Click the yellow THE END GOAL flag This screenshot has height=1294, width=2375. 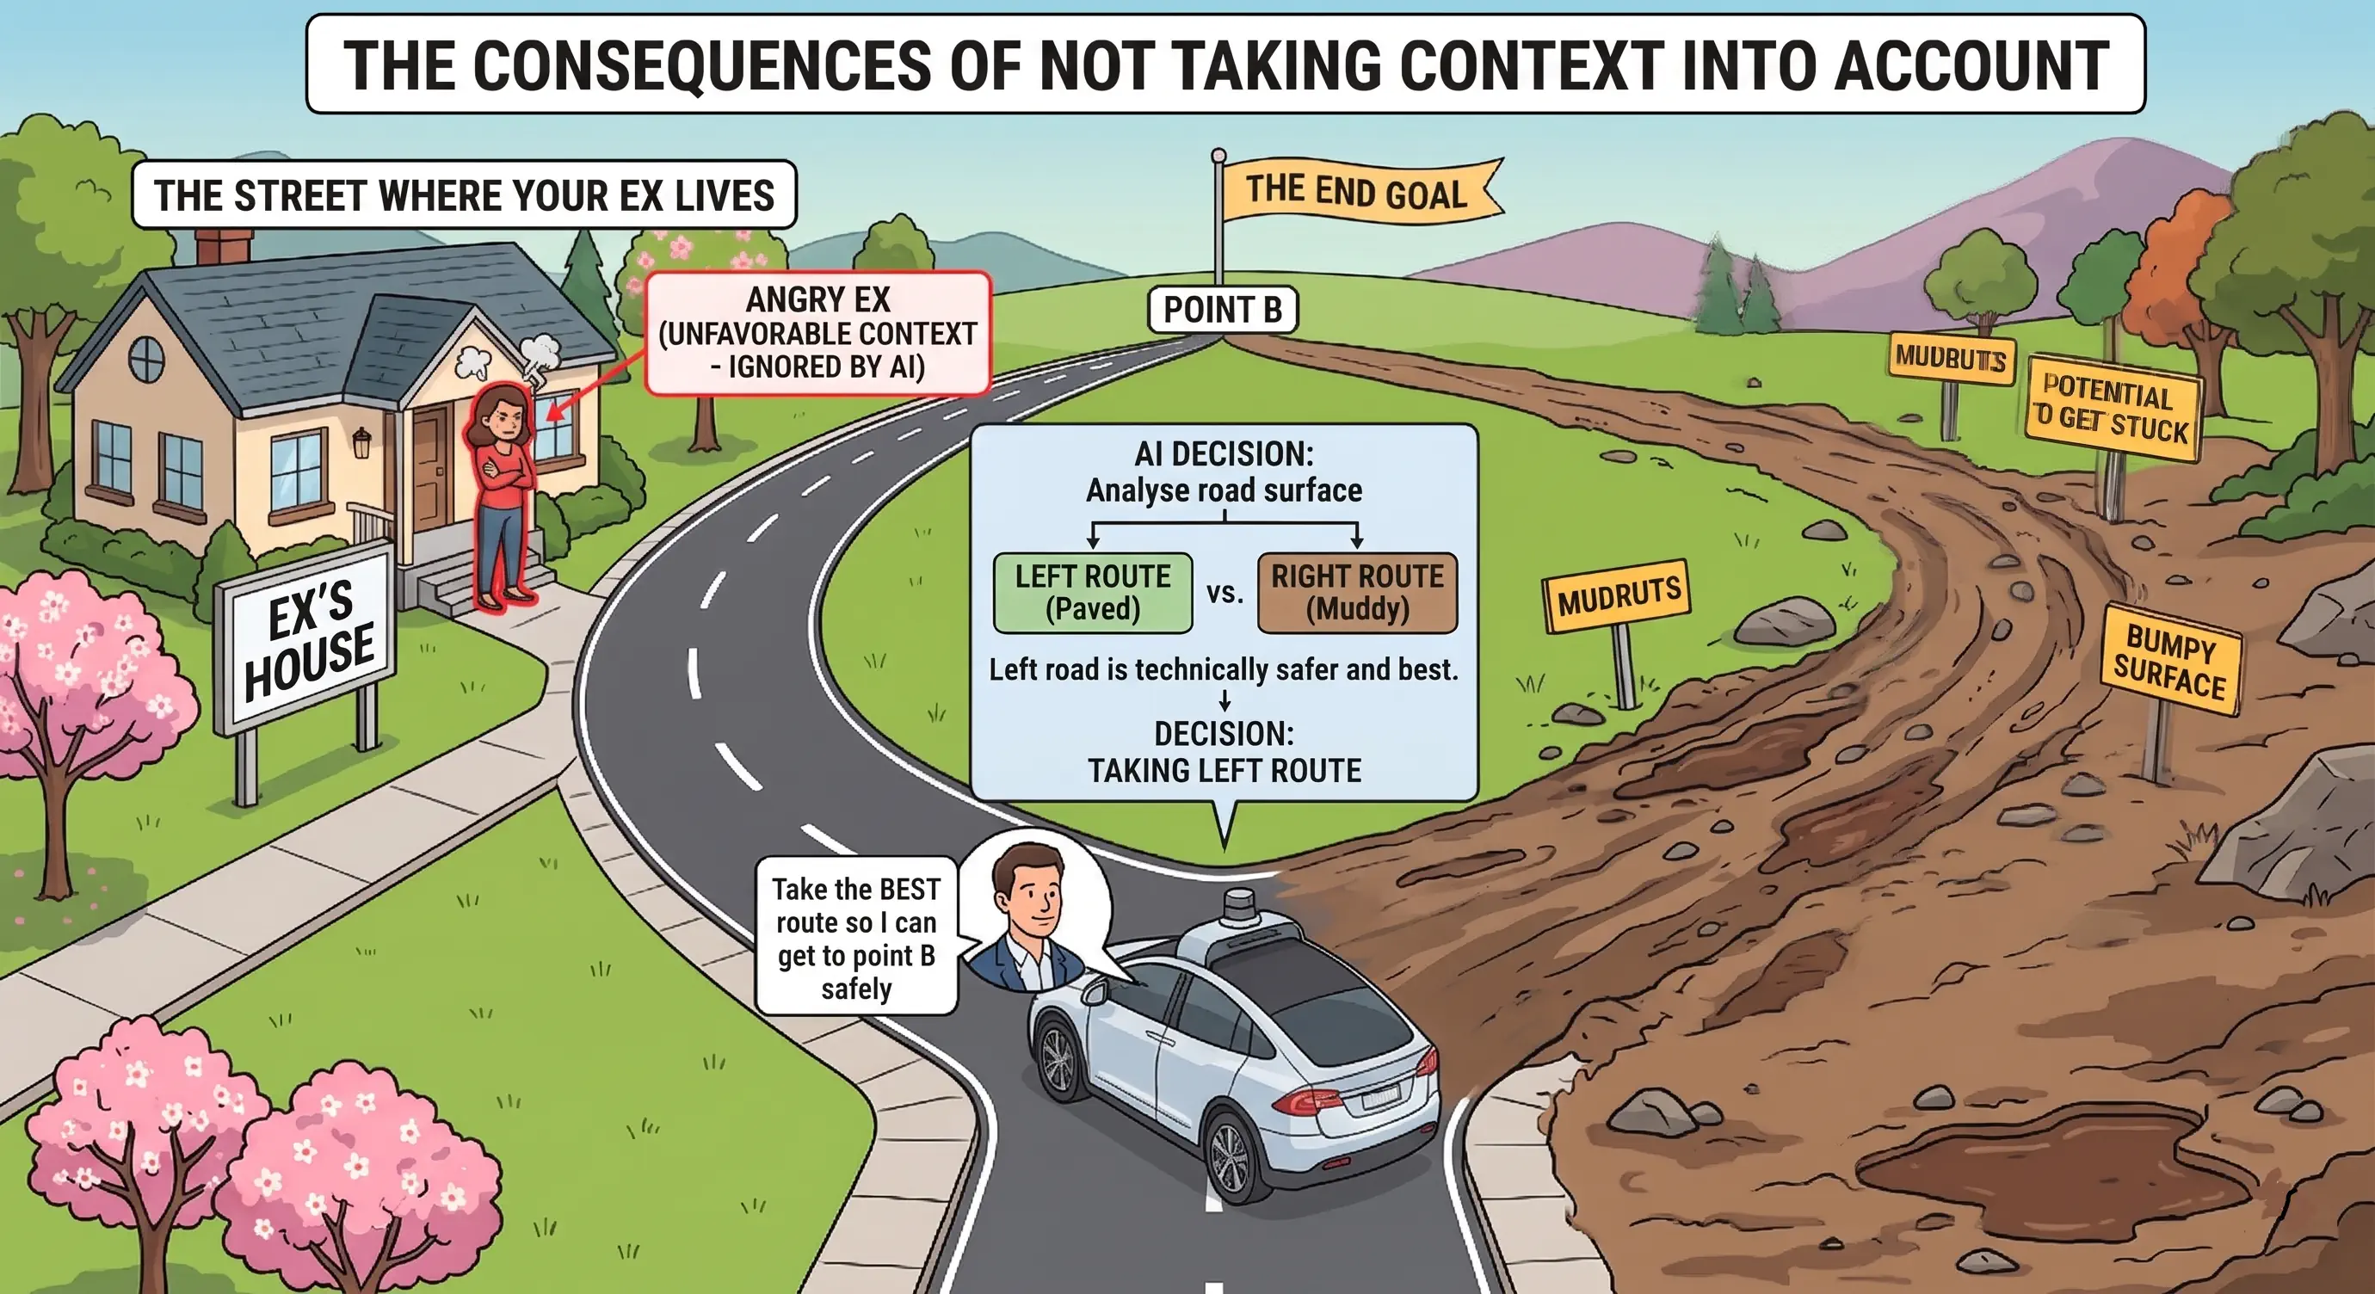coord(1360,193)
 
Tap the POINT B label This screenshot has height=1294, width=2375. coord(1223,310)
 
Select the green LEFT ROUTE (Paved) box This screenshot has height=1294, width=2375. coord(1093,593)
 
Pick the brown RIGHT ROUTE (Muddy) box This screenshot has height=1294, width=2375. coord(1357,593)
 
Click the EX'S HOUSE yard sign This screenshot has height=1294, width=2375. coord(307,637)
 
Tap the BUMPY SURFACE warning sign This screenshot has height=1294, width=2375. coord(2170,661)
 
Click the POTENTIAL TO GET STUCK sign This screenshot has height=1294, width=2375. coord(2112,406)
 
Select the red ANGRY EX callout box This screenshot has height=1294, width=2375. coord(817,333)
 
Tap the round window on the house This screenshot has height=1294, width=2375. coord(146,359)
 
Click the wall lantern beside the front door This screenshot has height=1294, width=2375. coord(361,441)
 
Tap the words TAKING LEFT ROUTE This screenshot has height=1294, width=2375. coord(1225,771)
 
